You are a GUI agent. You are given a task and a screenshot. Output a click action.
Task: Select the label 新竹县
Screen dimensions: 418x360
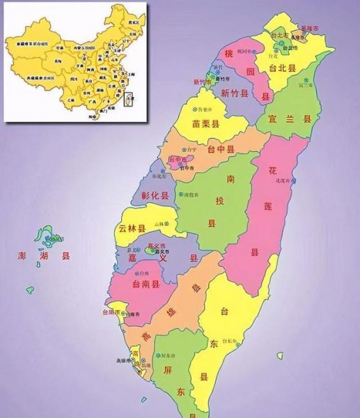tap(235, 93)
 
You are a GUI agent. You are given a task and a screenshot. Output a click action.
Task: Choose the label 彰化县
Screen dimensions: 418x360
tap(155, 196)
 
